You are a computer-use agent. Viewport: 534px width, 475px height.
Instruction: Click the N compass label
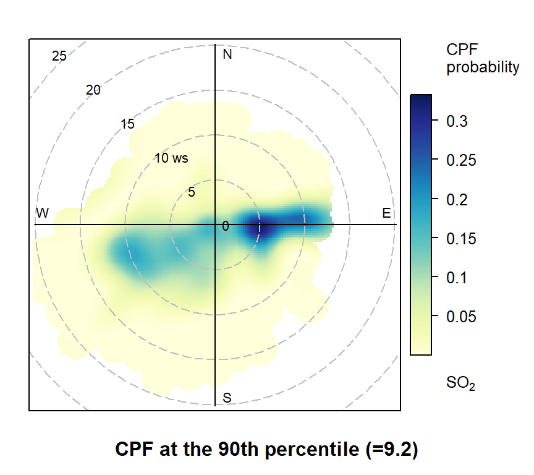227,54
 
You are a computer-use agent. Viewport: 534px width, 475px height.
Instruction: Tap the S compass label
227,398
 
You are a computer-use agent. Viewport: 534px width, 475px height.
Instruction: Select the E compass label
387,214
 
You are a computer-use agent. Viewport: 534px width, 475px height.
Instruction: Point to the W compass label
42,213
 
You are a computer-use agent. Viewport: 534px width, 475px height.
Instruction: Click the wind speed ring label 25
59,56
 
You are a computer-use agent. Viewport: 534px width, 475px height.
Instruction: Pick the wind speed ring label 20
93,90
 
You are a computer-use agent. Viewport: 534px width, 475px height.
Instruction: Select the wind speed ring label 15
127,124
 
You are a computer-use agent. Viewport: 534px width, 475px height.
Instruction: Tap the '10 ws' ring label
171,158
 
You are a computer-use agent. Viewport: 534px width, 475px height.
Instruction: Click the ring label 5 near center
192,192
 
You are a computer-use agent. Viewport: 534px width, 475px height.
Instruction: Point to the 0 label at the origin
226,226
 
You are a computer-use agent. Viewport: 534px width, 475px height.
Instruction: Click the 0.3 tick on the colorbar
457,121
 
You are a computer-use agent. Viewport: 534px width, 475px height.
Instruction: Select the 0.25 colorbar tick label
460,160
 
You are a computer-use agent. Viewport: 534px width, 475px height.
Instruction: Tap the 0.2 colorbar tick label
457,199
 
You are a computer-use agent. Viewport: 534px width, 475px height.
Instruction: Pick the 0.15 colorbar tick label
460,238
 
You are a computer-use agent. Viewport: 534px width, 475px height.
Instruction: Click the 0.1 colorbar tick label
457,278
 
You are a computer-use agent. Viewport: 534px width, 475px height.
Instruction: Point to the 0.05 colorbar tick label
460,317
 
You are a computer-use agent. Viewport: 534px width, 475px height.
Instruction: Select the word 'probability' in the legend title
483,67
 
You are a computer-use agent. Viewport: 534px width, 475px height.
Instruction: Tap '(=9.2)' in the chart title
388,450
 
